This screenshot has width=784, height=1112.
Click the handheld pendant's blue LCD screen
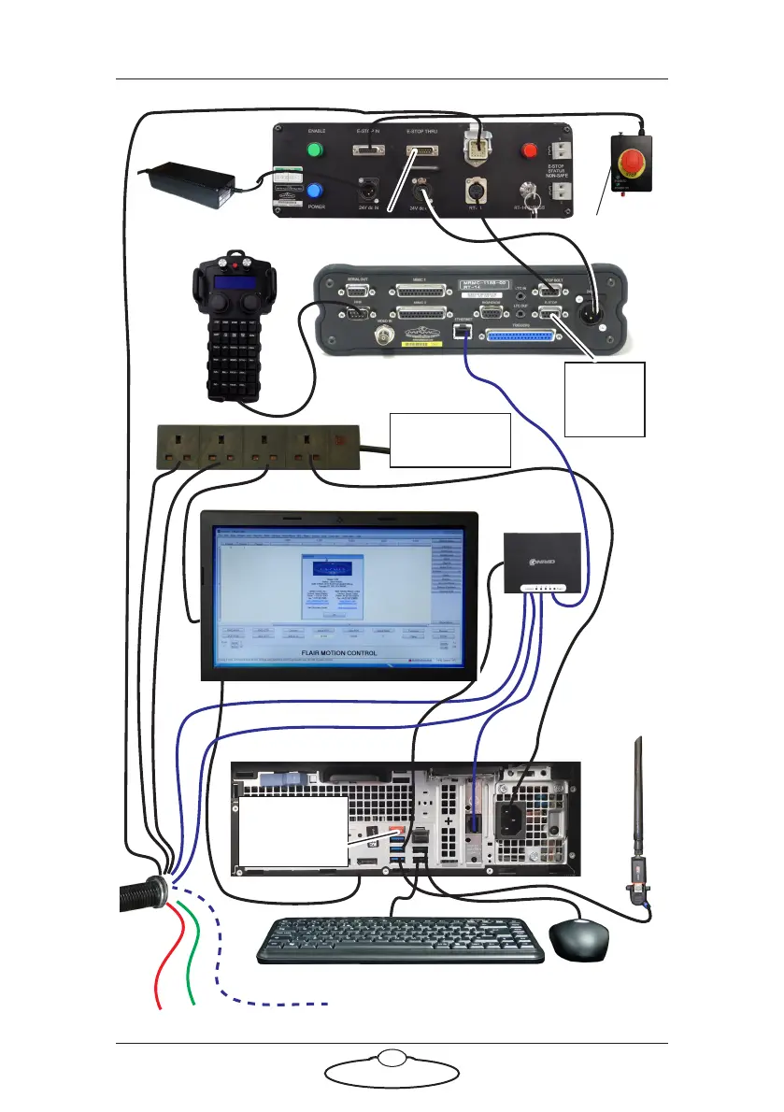coord(231,283)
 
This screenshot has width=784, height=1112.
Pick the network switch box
coord(541,563)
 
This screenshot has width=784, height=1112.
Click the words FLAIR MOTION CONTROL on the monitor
coord(339,653)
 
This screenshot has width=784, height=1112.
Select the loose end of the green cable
coord(192,1005)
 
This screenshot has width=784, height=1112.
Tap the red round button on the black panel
coord(529,149)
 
